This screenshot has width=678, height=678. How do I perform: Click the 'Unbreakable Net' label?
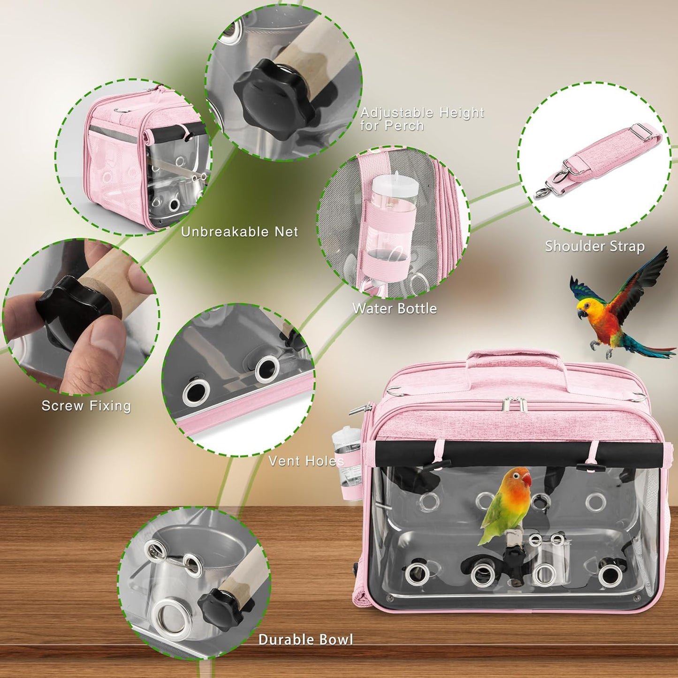coord(239,232)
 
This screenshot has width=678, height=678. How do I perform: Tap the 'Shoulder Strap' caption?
coord(594,246)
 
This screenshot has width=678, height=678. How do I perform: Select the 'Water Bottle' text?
coord(394,308)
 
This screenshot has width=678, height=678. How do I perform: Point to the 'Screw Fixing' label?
coord(86,406)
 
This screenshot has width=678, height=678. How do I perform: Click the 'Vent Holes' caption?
coord(306,461)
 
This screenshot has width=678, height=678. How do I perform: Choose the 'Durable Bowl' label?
coord(305,640)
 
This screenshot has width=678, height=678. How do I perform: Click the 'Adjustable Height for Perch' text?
coord(421,119)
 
